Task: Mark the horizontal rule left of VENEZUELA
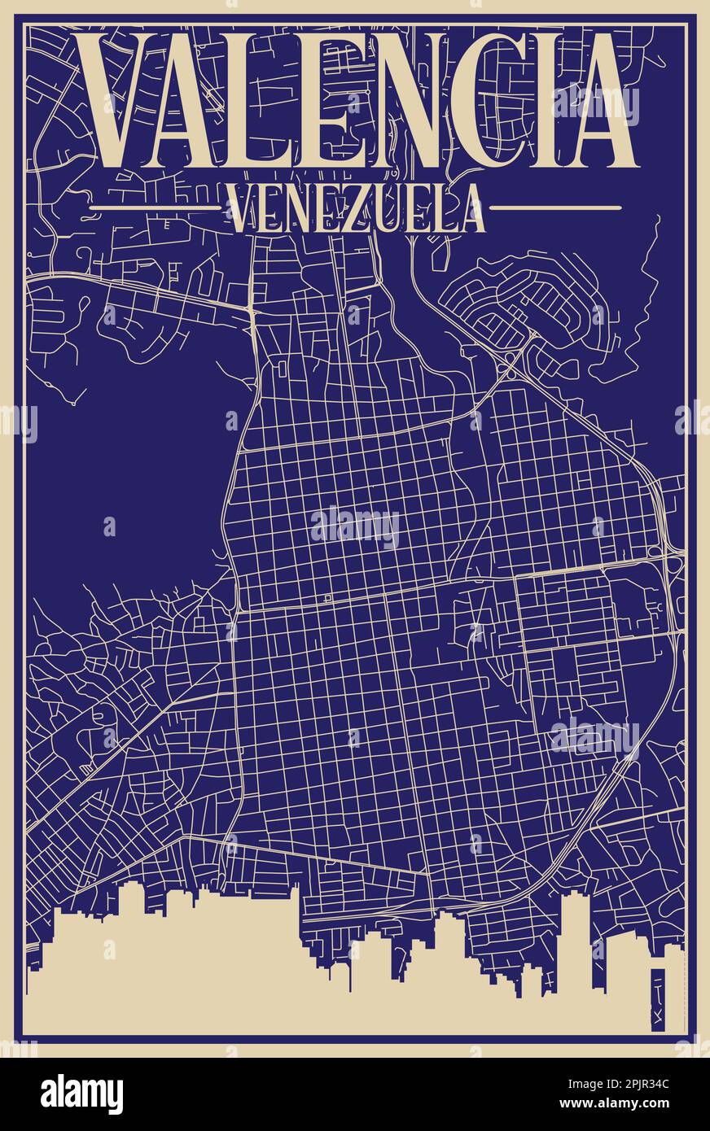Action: pos(155,208)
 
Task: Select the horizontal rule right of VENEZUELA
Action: pos(555,208)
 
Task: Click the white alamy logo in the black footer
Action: pos(81,1094)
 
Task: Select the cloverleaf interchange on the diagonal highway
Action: pos(511,356)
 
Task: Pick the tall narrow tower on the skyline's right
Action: pos(576,936)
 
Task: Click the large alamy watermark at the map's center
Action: pos(355,526)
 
